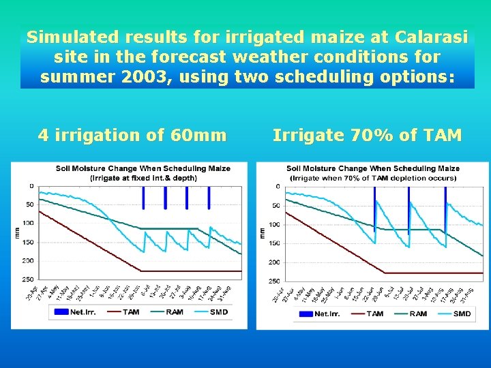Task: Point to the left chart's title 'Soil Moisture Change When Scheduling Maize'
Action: pyautogui.click(x=143, y=168)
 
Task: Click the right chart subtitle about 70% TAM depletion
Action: pyautogui.click(x=373, y=178)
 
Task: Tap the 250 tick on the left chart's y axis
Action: pyautogui.click(x=28, y=279)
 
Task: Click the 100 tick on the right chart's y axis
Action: pyautogui.click(x=273, y=224)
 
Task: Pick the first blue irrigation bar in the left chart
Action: pyautogui.click(x=143, y=197)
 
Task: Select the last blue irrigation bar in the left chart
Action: pyautogui.click(x=209, y=197)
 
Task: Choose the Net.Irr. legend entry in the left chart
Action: pyautogui.click(x=70, y=312)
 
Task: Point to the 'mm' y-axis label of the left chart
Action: pyautogui.click(x=18, y=232)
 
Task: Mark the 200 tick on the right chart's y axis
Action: pyautogui.click(x=273, y=262)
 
